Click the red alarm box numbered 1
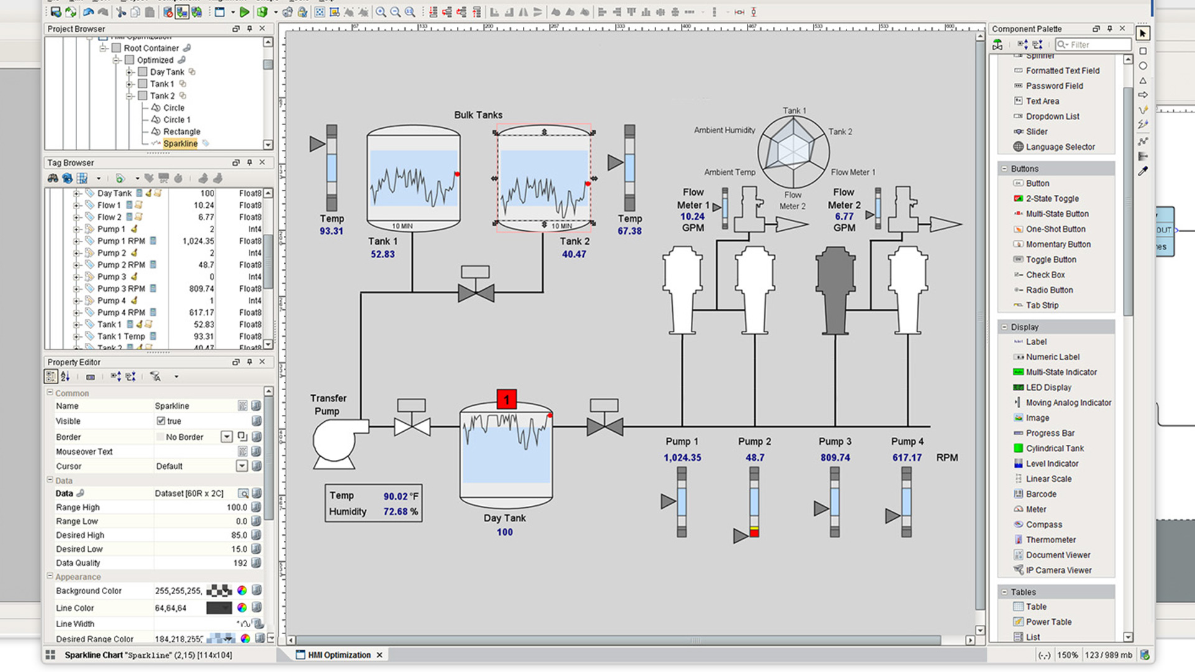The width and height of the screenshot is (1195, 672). pos(507,399)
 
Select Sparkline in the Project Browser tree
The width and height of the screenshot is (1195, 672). pos(180,144)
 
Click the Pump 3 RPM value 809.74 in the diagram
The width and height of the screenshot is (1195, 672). pos(835,457)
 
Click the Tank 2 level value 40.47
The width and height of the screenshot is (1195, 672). pos(573,254)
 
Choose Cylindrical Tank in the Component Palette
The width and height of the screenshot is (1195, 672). pos(1054,448)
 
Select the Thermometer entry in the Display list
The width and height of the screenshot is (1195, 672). pos(1051,539)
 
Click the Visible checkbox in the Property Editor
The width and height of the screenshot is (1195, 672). pos(161,421)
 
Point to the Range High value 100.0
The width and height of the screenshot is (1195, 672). pos(237,507)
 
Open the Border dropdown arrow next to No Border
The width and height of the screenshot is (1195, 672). pos(227,437)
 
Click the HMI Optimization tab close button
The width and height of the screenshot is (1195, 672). pos(379,655)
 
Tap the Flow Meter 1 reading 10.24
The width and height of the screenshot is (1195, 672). pos(692,217)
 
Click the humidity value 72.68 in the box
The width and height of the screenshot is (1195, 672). pos(395,511)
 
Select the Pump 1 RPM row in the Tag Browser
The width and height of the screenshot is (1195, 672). pos(121,241)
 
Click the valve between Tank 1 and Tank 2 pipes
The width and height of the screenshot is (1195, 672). pos(476,292)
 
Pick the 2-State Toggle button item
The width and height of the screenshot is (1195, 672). pos(1052,198)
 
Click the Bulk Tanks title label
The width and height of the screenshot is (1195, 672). pos(478,115)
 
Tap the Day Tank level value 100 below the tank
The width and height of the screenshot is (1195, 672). pos(505,532)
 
